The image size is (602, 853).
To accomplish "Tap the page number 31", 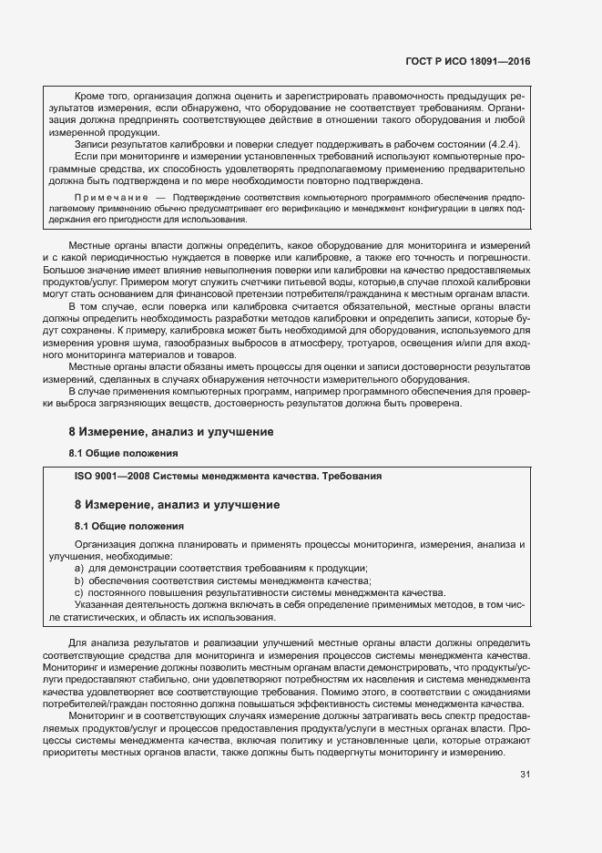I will [524, 775].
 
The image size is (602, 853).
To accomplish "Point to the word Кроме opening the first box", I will [90, 95].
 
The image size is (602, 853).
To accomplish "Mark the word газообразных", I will [218, 343].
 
